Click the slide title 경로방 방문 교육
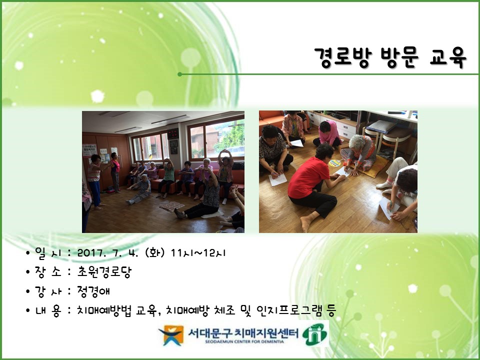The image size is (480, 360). pyautogui.click(x=390, y=57)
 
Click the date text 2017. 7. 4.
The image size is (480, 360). pyautogui.click(x=108, y=253)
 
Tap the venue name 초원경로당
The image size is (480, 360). pyautogui.click(x=104, y=272)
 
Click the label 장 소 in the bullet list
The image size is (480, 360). pyautogui.click(x=47, y=272)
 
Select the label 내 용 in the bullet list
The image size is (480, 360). pyautogui.click(x=47, y=310)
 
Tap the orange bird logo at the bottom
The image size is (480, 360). pyautogui.click(x=170, y=334)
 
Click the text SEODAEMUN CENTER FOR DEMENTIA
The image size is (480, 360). pyautogui.click(x=237, y=343)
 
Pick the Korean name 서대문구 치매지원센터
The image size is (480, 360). pyautogui.click(x=237, y=331)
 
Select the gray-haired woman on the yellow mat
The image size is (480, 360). pyautogui.click(x=361, y=152)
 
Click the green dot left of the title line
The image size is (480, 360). pyautogui.click(x=179, y=74)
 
